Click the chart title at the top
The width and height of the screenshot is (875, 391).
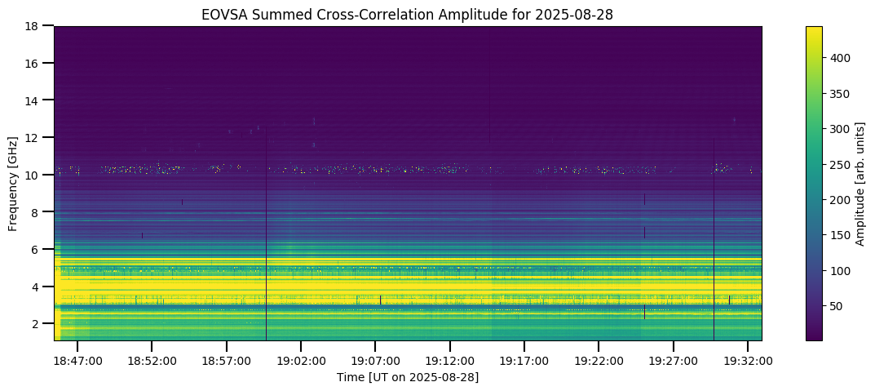coord(408,14)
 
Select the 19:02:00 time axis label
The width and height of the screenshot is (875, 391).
coord(301,360)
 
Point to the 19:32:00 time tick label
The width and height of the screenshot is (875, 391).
coord(748,360)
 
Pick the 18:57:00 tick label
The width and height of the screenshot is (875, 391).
coord(226,360)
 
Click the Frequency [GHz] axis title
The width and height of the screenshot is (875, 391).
coord(13,183)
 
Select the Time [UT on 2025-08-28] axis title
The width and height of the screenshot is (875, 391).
coord(408,377)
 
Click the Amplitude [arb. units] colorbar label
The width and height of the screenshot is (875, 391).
coord(860,183)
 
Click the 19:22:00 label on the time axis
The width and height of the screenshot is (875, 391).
coord(599,360)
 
